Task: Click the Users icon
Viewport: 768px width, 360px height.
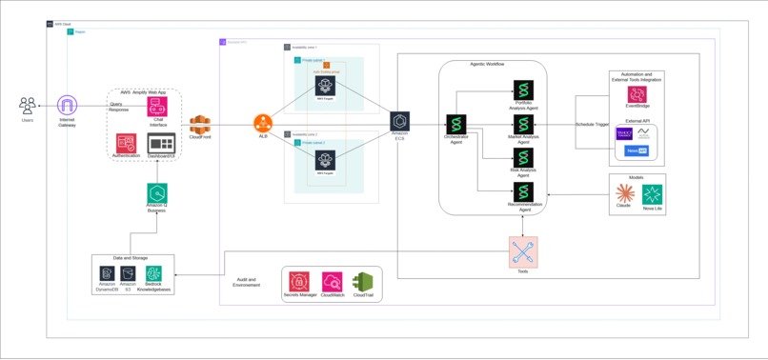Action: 28,105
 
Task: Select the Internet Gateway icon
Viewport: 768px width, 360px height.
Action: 67,105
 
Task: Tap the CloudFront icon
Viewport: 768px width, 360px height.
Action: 199,124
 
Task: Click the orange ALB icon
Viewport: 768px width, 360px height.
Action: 263,123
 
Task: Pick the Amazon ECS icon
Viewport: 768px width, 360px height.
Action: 399,122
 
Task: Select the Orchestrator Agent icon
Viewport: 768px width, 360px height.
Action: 456,124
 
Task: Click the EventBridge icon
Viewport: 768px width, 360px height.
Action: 637,95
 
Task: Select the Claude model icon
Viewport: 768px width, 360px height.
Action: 624,193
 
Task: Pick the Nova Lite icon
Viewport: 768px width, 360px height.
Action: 653,194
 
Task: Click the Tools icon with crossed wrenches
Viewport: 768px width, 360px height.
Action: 523,252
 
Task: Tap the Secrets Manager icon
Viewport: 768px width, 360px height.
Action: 299,282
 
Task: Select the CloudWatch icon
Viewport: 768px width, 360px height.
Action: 332,282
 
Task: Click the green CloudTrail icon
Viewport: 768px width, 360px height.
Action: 363,282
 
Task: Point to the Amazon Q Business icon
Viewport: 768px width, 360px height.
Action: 157,193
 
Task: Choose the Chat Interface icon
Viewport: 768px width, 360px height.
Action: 157,107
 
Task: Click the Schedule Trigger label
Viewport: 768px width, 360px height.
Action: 592,125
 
